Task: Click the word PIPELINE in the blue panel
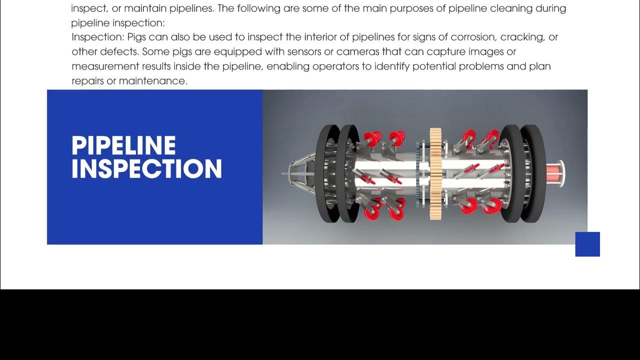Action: [123, 145]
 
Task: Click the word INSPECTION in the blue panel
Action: [146, 168]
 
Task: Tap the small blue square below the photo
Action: [587, 244]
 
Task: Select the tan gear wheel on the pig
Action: [435, 173]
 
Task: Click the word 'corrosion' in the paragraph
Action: [473, 37]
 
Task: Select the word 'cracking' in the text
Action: [522, 37]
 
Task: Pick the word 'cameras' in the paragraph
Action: [357, 51]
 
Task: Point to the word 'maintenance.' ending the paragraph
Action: [153, 81]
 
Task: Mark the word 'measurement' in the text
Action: [105, 66]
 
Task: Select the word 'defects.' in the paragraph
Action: [119, 51]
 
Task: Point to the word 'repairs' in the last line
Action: [87, 81]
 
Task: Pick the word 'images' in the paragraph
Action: [485, 52]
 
